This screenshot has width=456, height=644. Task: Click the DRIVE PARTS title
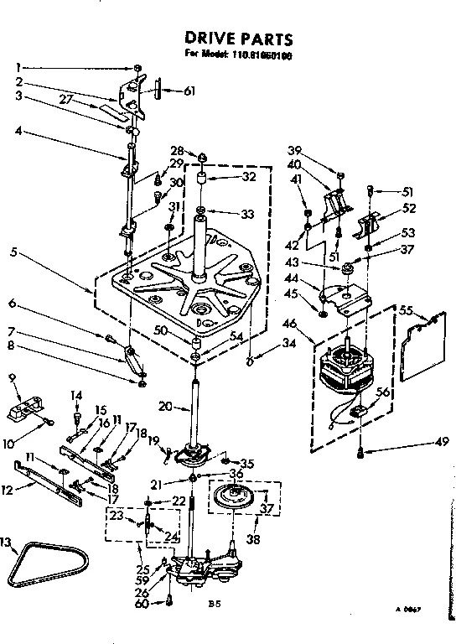point(238,39)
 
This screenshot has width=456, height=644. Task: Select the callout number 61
point(189,91)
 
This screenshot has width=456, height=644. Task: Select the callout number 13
point(8,543)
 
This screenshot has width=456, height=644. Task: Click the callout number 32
point(248,178)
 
